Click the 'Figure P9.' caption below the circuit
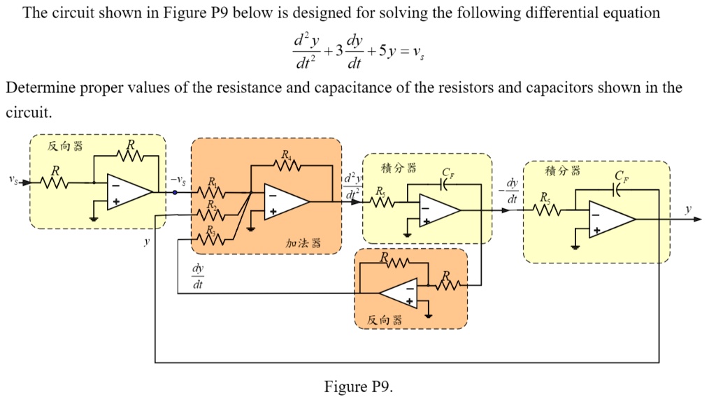(359, 387)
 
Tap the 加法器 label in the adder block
(303, 242)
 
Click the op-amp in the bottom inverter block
(399, 293)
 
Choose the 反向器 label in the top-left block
(64, 146)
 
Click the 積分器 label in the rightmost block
(562, 172)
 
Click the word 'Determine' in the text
(36, 88)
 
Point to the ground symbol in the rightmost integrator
(574, 246)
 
